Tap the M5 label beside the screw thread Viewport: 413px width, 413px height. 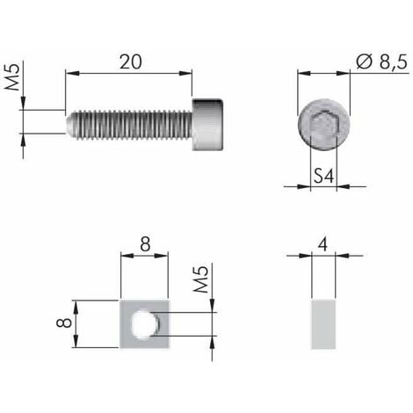point(14,77)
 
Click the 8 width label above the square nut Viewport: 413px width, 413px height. point(142,244)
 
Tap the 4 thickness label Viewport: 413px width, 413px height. point(324,244)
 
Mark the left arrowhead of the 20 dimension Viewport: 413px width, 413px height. point(70,75)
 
